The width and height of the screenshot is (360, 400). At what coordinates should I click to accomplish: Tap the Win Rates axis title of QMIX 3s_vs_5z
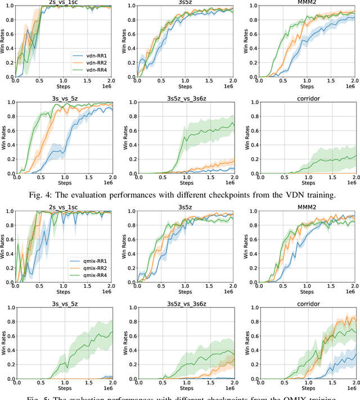3,343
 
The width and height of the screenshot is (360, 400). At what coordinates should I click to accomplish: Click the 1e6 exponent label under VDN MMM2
350,88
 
